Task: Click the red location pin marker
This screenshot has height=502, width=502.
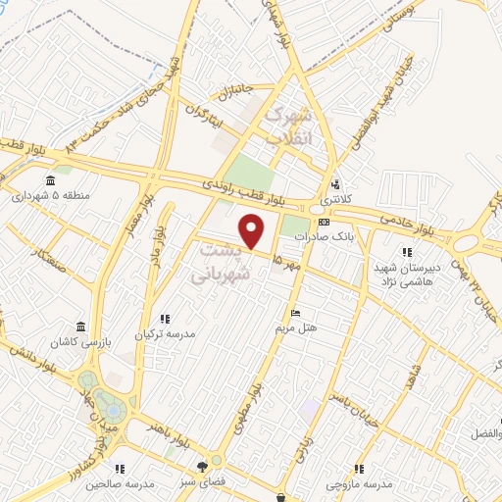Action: pyautogui.click(x=253, y=230)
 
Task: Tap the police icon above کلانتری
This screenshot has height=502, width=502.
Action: pyautogui.click(x=335, y=183)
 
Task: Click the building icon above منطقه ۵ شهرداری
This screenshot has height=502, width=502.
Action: pyautogui.click(x=52, y=179)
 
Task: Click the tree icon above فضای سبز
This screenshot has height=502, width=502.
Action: pyautogui.click(x=203, y=466)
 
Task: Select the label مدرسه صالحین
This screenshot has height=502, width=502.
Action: pyautogui.click(x=121, y=483)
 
